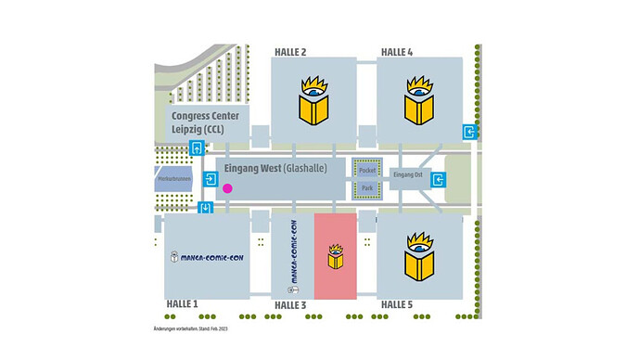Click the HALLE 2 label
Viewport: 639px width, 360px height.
point(290,52)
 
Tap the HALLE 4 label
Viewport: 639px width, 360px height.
point(396,52)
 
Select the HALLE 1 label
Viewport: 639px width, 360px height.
point(182,303)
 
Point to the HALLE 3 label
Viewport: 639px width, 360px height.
point(290,304)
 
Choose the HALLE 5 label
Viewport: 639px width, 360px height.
point(397,303)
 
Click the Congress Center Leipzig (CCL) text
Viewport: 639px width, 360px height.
point(205,122)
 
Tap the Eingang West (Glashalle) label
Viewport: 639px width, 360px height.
point(279,169)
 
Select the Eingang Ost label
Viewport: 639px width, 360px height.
point(408,174)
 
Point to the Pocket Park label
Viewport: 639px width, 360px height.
point(366,179)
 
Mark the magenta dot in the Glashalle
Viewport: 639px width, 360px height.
point(227,188)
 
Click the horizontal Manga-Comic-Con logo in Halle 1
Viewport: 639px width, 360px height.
point(206,255)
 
